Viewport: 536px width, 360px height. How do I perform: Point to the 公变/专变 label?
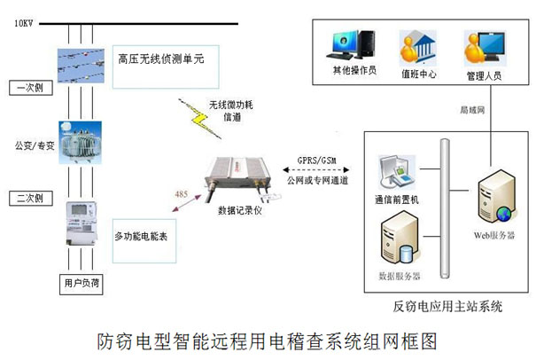(31, 142)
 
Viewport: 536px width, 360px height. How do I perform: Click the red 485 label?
(182, 193)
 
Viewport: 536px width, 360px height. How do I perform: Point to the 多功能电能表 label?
(145, 237)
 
